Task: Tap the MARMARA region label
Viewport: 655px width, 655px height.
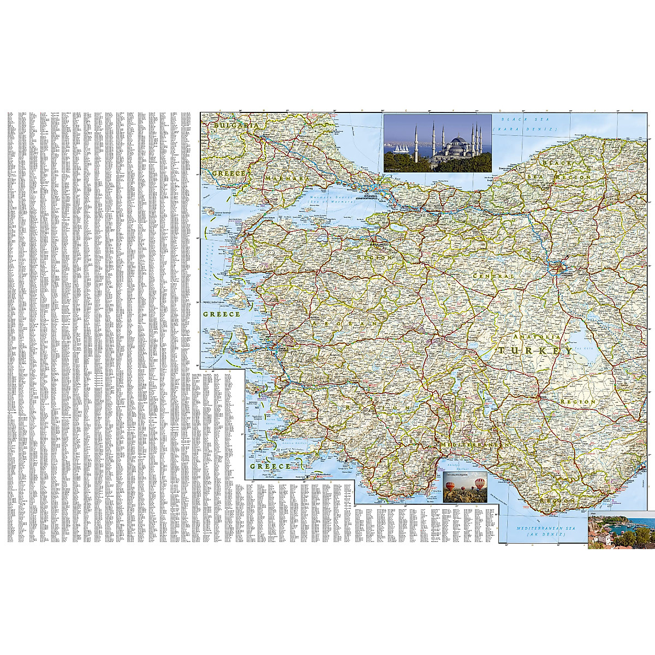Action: (287, 178)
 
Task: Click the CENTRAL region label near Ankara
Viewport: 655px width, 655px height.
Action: (493, 277)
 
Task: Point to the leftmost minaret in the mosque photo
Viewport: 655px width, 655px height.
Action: (416, 140)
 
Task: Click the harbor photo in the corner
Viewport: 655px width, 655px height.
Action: (621, 529)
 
